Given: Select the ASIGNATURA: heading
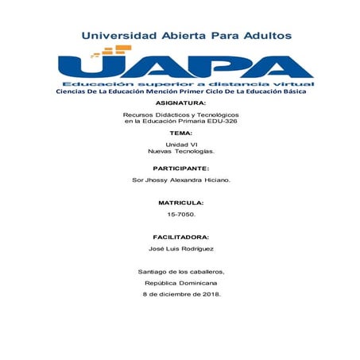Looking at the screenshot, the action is pyautogui.click(x=180, y=103).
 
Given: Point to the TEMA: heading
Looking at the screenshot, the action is pyautogui.click(x=180, y=133).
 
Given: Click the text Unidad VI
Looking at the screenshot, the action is pyautogui.click(x=180, y=144).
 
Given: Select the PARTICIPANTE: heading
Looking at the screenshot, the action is pyautogui.click(x=180, y=168).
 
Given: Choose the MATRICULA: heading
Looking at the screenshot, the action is pyautogui.click(x=180, y=203).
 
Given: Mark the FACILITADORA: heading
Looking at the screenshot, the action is pyautogui.click(x=180, y=237).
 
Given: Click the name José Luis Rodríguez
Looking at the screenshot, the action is pyautogui.click(x=180, y=249).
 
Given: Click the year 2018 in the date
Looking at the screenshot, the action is pyautogui.click(x=209, y=294).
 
